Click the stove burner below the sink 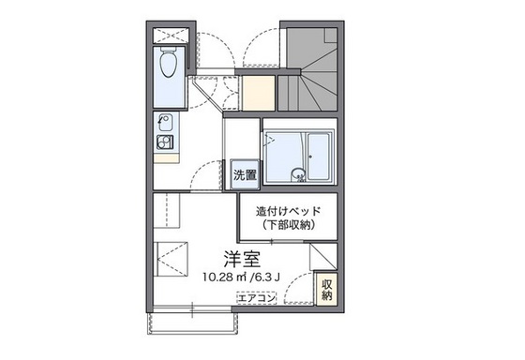[x=165, y=143]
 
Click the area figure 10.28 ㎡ [x=220, y=276]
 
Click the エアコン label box [x=256, y=298]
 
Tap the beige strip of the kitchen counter [x=166, y=158]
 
